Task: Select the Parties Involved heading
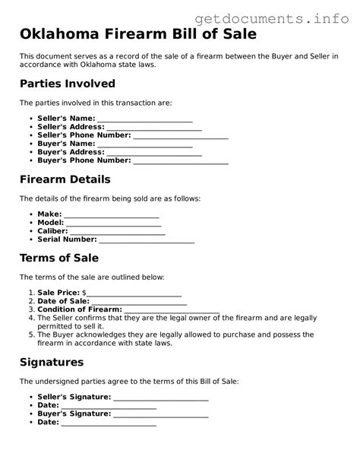tap(67, 84)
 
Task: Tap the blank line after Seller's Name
tap(144, 120)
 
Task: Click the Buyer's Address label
tap(71, 152)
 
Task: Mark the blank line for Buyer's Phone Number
tap(180, 162)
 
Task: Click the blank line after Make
tap(111, 216)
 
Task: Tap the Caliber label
tap(52, 231)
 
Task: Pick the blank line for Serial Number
tap(147, 241)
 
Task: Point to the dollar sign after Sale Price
tap(84, 293)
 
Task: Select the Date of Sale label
tap(63, 301)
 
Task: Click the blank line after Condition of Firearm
tap(172, 311)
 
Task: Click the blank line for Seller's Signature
tap(160, 398)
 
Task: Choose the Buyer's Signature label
tap(74, 414)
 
